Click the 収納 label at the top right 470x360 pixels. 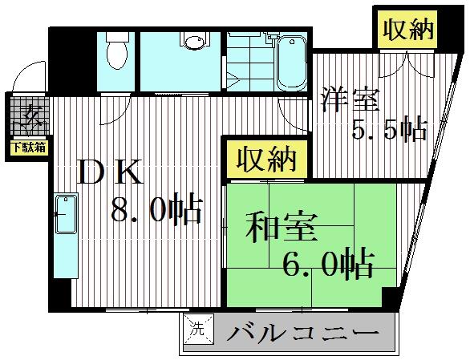point(407,30)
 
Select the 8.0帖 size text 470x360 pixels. point(155,211)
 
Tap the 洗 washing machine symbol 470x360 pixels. point(197,327)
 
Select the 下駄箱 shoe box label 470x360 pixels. point(28,147)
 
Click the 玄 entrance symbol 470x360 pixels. point(30,118)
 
